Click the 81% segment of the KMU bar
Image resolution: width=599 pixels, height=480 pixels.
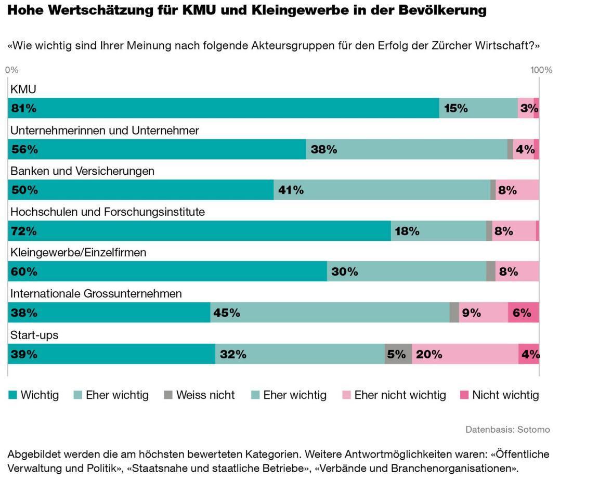pyautogui.click(x=224, y=108)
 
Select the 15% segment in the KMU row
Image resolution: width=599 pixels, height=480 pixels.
pyautogui.click(x=478, y=108)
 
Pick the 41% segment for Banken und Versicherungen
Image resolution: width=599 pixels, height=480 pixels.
pyautogui.click(x=382, y=190)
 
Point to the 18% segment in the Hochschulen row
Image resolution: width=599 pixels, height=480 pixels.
pyautogui.click(x=438, y=231)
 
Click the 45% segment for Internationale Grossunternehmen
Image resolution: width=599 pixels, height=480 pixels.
pyautogui.click(x=330, y=313)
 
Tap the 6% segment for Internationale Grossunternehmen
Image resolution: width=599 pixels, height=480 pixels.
pyautogui.click(x=523, y=313)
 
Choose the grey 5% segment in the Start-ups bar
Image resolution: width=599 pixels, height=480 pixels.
pyautogui.click(x=398, y=354)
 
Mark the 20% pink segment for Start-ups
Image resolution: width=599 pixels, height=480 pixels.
pyautogui.click(x=465, y=354)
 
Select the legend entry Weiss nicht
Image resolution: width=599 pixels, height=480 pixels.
pyautogui.click(x=205, y=395)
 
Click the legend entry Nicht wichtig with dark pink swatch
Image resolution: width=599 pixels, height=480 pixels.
pyautogui.click(x=505, y=395)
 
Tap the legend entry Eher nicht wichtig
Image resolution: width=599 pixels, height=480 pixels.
pyautogui.click(x=400, y=395)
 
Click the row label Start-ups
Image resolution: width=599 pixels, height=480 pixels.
pyautogui.click(x=34, y=335)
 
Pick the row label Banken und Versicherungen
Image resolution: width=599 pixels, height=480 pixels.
pyautogui.click(x=82, y=171)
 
